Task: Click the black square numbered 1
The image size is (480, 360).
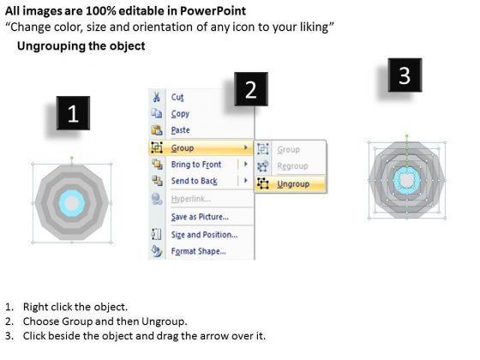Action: (73, 113)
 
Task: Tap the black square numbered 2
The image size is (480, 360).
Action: (251, 89)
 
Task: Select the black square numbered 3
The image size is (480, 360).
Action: (405, 75)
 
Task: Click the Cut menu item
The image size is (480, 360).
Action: (177, 98)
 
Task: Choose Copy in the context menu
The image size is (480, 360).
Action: (180, 114)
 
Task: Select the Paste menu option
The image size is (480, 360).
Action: (180, 130)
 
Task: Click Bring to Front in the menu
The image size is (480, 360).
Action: (196, 165)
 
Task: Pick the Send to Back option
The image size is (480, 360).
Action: (194, 181)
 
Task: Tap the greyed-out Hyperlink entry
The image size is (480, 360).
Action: (190, 199)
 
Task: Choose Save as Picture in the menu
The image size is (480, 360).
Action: (200, 217)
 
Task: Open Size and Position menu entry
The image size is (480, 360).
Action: (204, 235)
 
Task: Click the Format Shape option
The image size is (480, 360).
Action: (198, 251)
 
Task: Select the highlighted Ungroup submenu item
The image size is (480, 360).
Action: (293, 184)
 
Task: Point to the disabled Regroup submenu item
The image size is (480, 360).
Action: (292, 166)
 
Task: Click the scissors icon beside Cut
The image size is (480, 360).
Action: (156, 97)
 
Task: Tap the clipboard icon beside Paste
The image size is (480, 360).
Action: (157, 130)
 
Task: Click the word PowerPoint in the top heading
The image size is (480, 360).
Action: (213, 11)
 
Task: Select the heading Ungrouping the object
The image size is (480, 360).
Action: (81, 46)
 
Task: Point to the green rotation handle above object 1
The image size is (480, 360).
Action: (72, 158)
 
